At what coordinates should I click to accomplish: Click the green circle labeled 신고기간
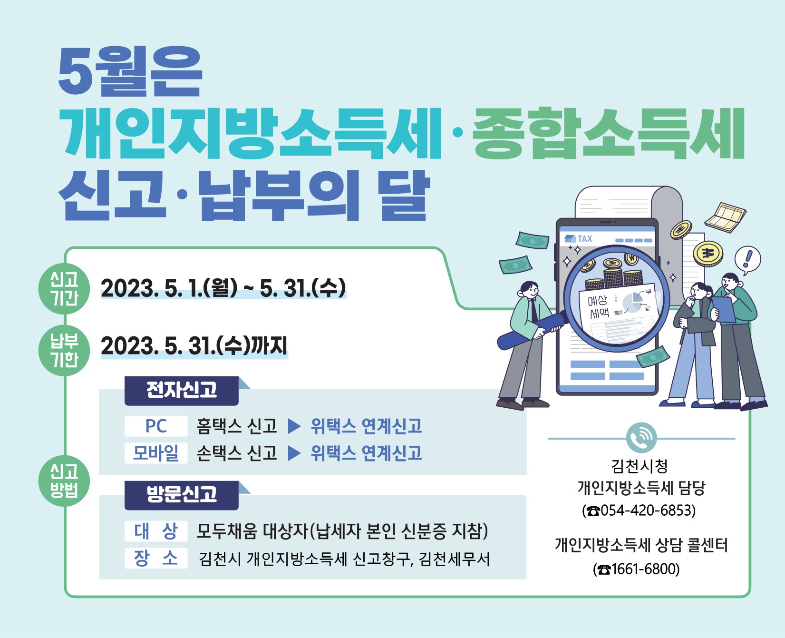coord(64,289)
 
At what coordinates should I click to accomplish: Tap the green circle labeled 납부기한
coord(64,351)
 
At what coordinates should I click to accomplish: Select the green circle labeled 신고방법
coord(64,481)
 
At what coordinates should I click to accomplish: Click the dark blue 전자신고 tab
coord(181,391)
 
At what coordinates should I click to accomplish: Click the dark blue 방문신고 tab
coord(181,495)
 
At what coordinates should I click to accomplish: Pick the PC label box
coord(156,426)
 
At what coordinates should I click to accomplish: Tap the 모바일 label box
coord(156,453)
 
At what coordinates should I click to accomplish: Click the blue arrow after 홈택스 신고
coord(294,426)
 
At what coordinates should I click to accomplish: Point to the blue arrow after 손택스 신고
coord(294,453)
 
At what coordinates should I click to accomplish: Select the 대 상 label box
coord(156,531)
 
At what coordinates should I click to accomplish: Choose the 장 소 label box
coord(156,558)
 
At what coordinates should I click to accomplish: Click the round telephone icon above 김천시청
coord(641,438)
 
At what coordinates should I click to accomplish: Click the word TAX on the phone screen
coord(585,239)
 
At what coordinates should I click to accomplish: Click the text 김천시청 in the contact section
coord(640,466)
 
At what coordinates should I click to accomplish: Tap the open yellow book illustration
coord(725,217)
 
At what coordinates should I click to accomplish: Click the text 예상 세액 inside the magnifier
coord(598,306)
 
